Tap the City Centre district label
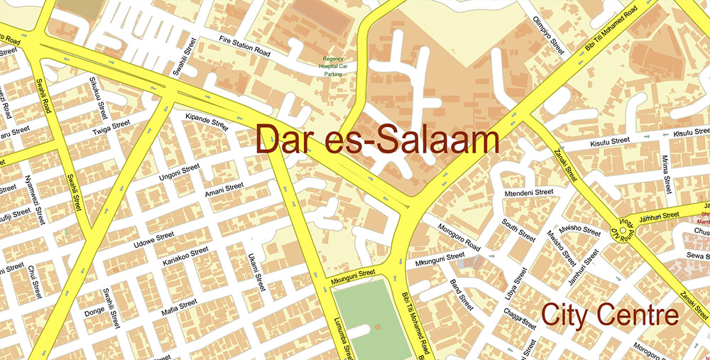[610, 315]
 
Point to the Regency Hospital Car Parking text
[333, 66]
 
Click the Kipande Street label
[206, 121]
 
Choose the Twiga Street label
[111, 128]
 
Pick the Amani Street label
[224, 190]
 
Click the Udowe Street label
[154, 240]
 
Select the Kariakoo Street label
[186, 256]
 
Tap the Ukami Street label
[256, 273]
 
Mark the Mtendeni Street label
[528, 192]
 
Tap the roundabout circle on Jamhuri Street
[623, 230]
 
